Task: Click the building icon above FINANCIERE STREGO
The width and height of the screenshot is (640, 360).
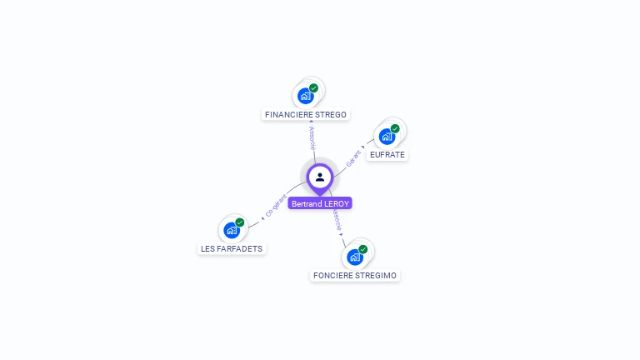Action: coord(306,96)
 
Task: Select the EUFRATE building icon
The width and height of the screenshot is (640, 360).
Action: coord(387,137)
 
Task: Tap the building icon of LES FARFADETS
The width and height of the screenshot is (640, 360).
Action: coord(232,230)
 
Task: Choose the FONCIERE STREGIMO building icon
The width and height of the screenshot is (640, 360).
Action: coord(355,257)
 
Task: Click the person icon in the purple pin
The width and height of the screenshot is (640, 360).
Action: coord(320,177)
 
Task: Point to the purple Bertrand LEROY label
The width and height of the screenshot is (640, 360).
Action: coord(320,203)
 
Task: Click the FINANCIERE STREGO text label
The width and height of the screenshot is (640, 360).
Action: coord(305,114)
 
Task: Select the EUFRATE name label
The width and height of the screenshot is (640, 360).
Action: coord(387,155)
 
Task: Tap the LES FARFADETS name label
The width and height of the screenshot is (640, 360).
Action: coord(232,248)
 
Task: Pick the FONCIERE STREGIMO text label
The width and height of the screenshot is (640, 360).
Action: coord(355,275)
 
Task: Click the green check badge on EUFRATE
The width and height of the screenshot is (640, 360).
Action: coord(395,128)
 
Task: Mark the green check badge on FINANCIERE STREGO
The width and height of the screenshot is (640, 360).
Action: coord(313,87)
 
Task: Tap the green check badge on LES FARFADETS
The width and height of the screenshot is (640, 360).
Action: coord(240,222)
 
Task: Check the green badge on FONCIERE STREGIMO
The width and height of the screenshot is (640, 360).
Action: coord(363,249)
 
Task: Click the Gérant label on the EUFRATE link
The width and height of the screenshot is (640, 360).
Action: coord(353,157)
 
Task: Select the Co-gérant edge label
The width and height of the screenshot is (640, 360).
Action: coord(276,206)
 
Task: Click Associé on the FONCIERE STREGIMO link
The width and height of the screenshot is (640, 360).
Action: coord(337,219)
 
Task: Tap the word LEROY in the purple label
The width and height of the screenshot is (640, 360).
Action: coord(337,203)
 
